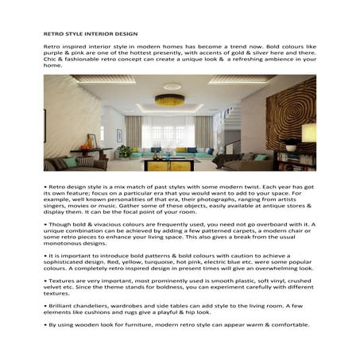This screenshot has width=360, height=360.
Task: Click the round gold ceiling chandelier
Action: pyautogui.click(x=168, y=100)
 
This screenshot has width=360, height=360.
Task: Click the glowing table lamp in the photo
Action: pyautogui.click(x=292, y=145)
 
